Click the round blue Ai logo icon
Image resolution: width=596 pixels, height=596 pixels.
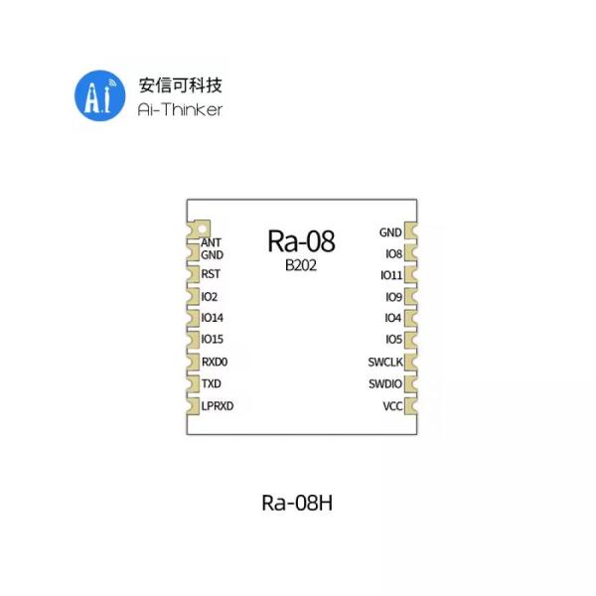(x=100, y=96)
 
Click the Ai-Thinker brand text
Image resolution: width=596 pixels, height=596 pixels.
(x=179, y=109)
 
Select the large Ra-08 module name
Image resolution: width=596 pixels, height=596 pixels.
(x=301, y=241)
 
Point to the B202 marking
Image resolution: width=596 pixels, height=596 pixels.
(x=301, y=265)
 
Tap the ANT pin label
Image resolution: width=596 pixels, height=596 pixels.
(x=211, y=241)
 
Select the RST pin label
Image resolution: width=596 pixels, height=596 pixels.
(x=211, y=274)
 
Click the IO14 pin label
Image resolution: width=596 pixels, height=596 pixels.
(x=213, y=318)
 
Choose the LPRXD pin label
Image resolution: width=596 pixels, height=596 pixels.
(x=218, y=405)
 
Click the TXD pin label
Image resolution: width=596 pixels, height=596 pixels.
(x=211, y=383)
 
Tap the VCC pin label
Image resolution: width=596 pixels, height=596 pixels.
(x=392, y=406)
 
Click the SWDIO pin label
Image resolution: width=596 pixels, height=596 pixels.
(x=385, y=384)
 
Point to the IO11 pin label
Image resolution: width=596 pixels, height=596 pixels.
(x=390, y=275)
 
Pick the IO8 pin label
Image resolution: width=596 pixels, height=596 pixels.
(x=393, y=254)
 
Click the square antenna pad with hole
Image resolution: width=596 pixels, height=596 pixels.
(x=196, y=230)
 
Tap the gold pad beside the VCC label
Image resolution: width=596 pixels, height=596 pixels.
(x=412, y=406)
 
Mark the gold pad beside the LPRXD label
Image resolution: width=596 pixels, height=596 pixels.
(x=192, y=405)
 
